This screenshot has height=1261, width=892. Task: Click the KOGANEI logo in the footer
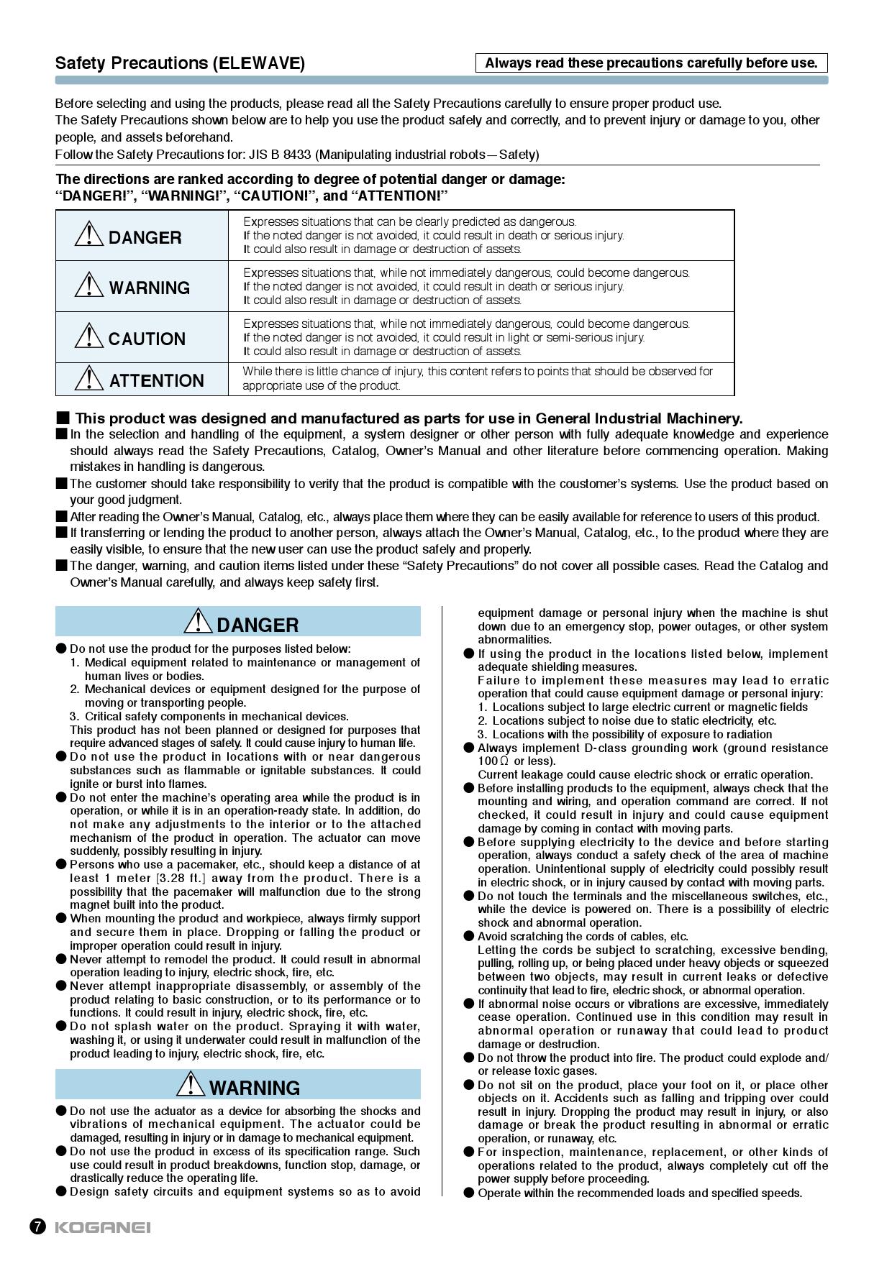(x=103, y=1226)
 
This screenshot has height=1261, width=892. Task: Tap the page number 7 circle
(x=37, y=1226)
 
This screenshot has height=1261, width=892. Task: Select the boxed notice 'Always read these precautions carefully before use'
(x=651, y=63)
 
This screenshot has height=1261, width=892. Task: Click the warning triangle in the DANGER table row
(x=88, y=234)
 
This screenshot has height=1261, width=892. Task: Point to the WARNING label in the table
(x=150, y=288)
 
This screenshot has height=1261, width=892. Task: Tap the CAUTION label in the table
(x=147, y=339)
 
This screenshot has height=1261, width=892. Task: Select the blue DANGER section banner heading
(x=238, y=622)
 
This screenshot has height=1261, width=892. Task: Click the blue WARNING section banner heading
(x=238, y=1085)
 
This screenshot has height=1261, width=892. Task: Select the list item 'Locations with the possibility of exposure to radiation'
(x=632, y=734)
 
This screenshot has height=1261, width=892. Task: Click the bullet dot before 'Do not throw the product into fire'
(x=469, y=1058)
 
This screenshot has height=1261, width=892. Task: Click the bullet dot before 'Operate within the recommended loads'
(x=469, y=1193)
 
